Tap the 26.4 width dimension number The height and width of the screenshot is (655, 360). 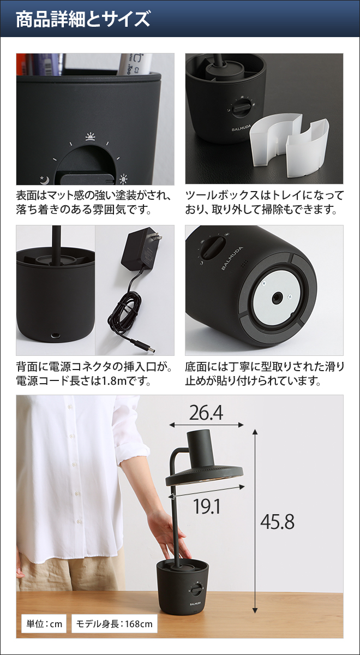click(x=206, y=413)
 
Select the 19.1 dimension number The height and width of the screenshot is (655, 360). click(x=207, y=507)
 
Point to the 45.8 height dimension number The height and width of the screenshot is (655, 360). click(x=277, y=522)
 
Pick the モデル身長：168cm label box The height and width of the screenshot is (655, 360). click(x=113, y=623)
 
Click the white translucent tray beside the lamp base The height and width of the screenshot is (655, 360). click(x=292, y=144)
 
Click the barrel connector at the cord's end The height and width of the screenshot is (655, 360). click(x=146, y=347)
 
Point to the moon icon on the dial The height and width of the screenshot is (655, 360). click(x=43, y=178)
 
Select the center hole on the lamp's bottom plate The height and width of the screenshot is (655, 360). click(x=277, y=297)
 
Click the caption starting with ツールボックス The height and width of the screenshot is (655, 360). click(x=264, y=202)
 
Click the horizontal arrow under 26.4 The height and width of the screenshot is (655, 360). click(x=206, y=425)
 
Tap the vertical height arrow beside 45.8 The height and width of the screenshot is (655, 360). click(x=254, y=521)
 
